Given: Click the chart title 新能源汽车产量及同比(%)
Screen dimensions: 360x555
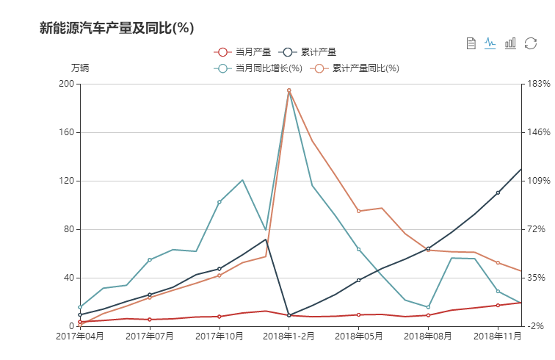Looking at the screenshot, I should pos(116,28).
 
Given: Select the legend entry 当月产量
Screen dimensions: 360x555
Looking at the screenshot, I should pos(244,52).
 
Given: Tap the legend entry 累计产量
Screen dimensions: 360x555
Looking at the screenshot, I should pos(309,52).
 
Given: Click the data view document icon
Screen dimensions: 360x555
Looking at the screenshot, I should pos(471,43).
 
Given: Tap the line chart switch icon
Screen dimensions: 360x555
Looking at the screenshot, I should pos(490,43).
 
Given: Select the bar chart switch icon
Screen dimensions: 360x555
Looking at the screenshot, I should pos(510,43).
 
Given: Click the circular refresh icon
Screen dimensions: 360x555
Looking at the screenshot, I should pos(530,43).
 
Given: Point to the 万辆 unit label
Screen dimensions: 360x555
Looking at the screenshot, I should pos(80,68).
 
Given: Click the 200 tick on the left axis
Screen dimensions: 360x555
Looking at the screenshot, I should pos(66,84).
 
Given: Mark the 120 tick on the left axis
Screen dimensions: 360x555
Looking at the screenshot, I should pos(66,181).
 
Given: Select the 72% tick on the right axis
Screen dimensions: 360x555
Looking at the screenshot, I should pos(536,229).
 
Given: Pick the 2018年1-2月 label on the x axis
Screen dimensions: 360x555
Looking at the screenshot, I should pos(289,336).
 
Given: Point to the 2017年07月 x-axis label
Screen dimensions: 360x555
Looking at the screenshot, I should pos(150,336).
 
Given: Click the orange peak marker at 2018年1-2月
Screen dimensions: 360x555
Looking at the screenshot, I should pos(289,90).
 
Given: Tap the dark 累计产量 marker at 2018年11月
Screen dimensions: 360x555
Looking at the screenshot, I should pos(498,192).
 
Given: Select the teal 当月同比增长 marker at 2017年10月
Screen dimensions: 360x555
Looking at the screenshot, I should pos(220,201).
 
